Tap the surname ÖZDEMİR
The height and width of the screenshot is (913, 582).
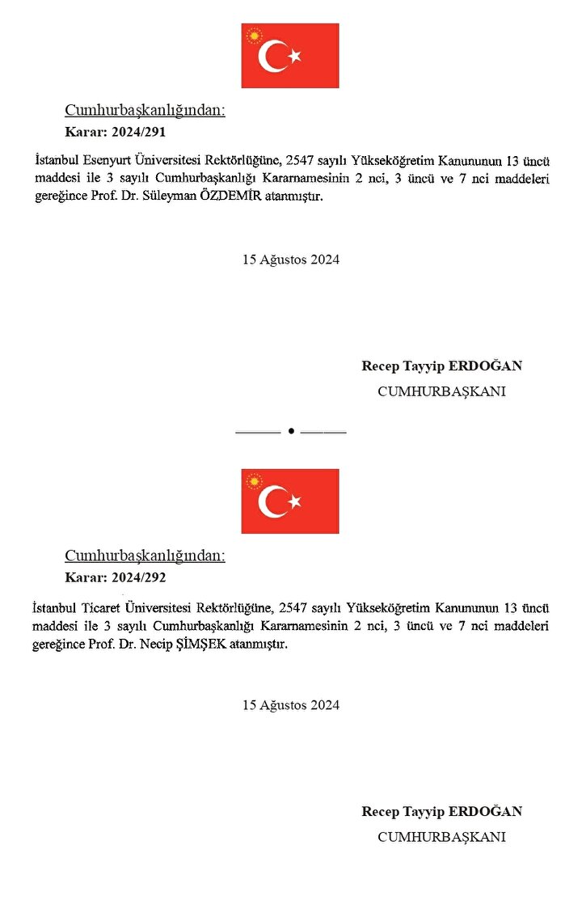click(277, 198)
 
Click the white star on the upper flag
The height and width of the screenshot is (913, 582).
click(295, 56)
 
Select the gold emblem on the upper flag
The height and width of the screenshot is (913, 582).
click(255, 36)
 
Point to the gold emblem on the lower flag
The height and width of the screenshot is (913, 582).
click(255, 482)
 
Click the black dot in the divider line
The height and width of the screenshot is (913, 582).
click(290, 432)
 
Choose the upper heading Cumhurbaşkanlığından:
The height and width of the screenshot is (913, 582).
click(145, 111)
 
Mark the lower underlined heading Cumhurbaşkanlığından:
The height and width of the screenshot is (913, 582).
click(145, 556)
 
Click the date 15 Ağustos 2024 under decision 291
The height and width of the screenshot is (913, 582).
click(291, 260)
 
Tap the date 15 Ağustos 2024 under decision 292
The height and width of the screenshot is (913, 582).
click(291, 705)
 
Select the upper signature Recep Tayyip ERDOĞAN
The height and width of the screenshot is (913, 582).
click(441, 366)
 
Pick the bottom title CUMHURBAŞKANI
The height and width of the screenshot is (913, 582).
click(441, 837)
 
